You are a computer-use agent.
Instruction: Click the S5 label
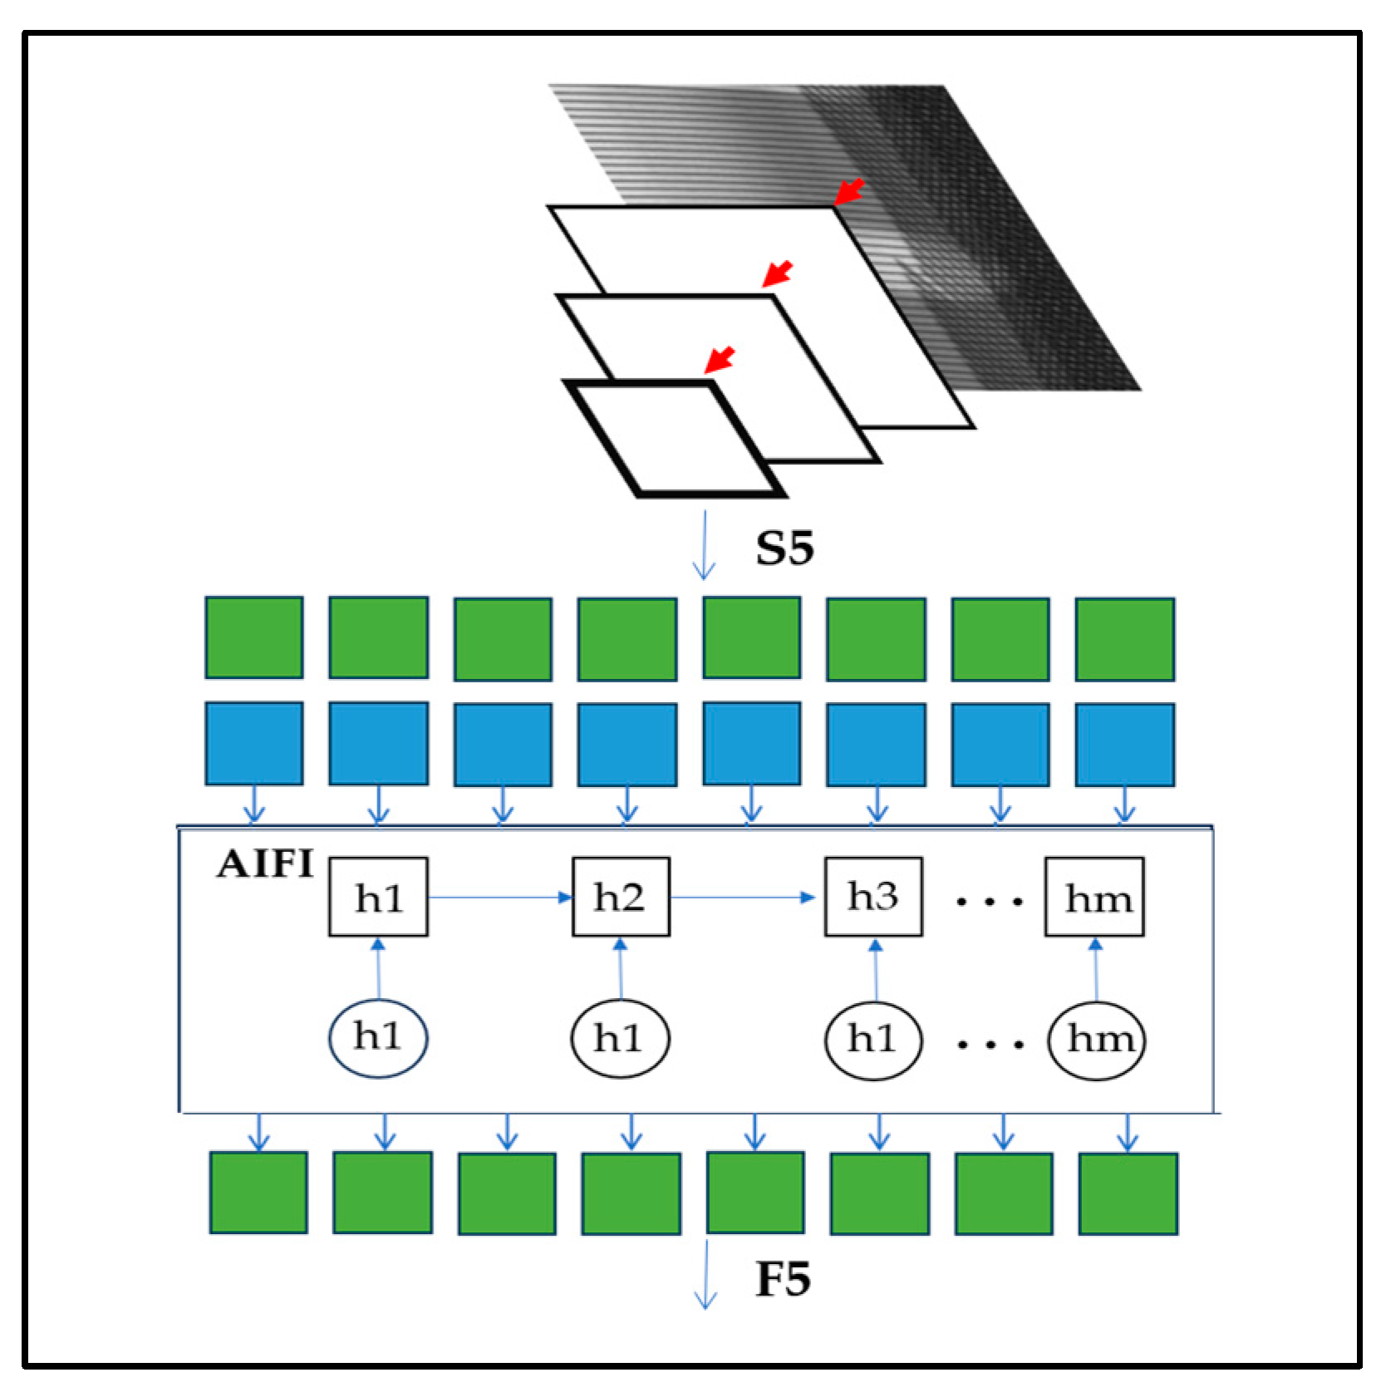[x=784, y=548]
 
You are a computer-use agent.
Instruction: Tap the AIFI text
[x=265, y=864]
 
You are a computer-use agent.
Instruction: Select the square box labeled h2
[x=620, y=897]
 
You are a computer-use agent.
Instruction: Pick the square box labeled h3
[x=872, y=897]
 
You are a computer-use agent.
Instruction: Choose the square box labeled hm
[x=1094, y=898]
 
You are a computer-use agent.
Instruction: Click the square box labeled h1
[x=378, y=898]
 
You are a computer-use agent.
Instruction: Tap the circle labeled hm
[x=1097, y=1039]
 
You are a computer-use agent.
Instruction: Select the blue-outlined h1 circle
[x=378, y=1037]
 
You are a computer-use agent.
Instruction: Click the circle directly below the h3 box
[x=872, y=1039]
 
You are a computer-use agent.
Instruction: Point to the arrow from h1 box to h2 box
[x=499, y=898]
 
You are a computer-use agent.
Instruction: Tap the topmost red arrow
[x=849, y=192]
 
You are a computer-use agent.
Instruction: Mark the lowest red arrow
[x=720, y=360]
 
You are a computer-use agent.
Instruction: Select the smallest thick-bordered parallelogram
[x=675, y=438]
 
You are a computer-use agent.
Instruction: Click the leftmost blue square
[x=253, y=743]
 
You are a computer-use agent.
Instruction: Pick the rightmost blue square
[x=1124, y=745]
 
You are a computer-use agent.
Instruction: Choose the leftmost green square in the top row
[x=253, y=637]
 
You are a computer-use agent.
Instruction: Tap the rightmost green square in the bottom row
[x=1128, y=1193]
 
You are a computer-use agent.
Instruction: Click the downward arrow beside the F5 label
[x=705, y=1275]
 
